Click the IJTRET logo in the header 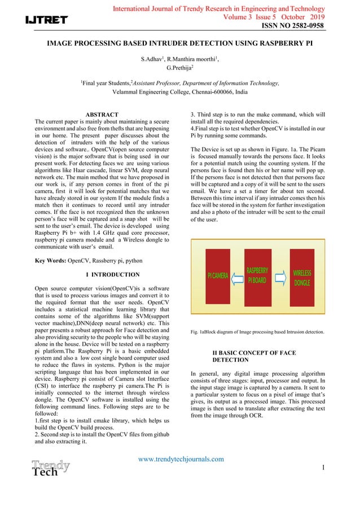46,20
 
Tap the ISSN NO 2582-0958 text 292,26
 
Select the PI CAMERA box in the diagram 217,276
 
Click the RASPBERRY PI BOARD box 257,275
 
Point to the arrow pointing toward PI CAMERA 237,277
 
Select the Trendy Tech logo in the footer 50,469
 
